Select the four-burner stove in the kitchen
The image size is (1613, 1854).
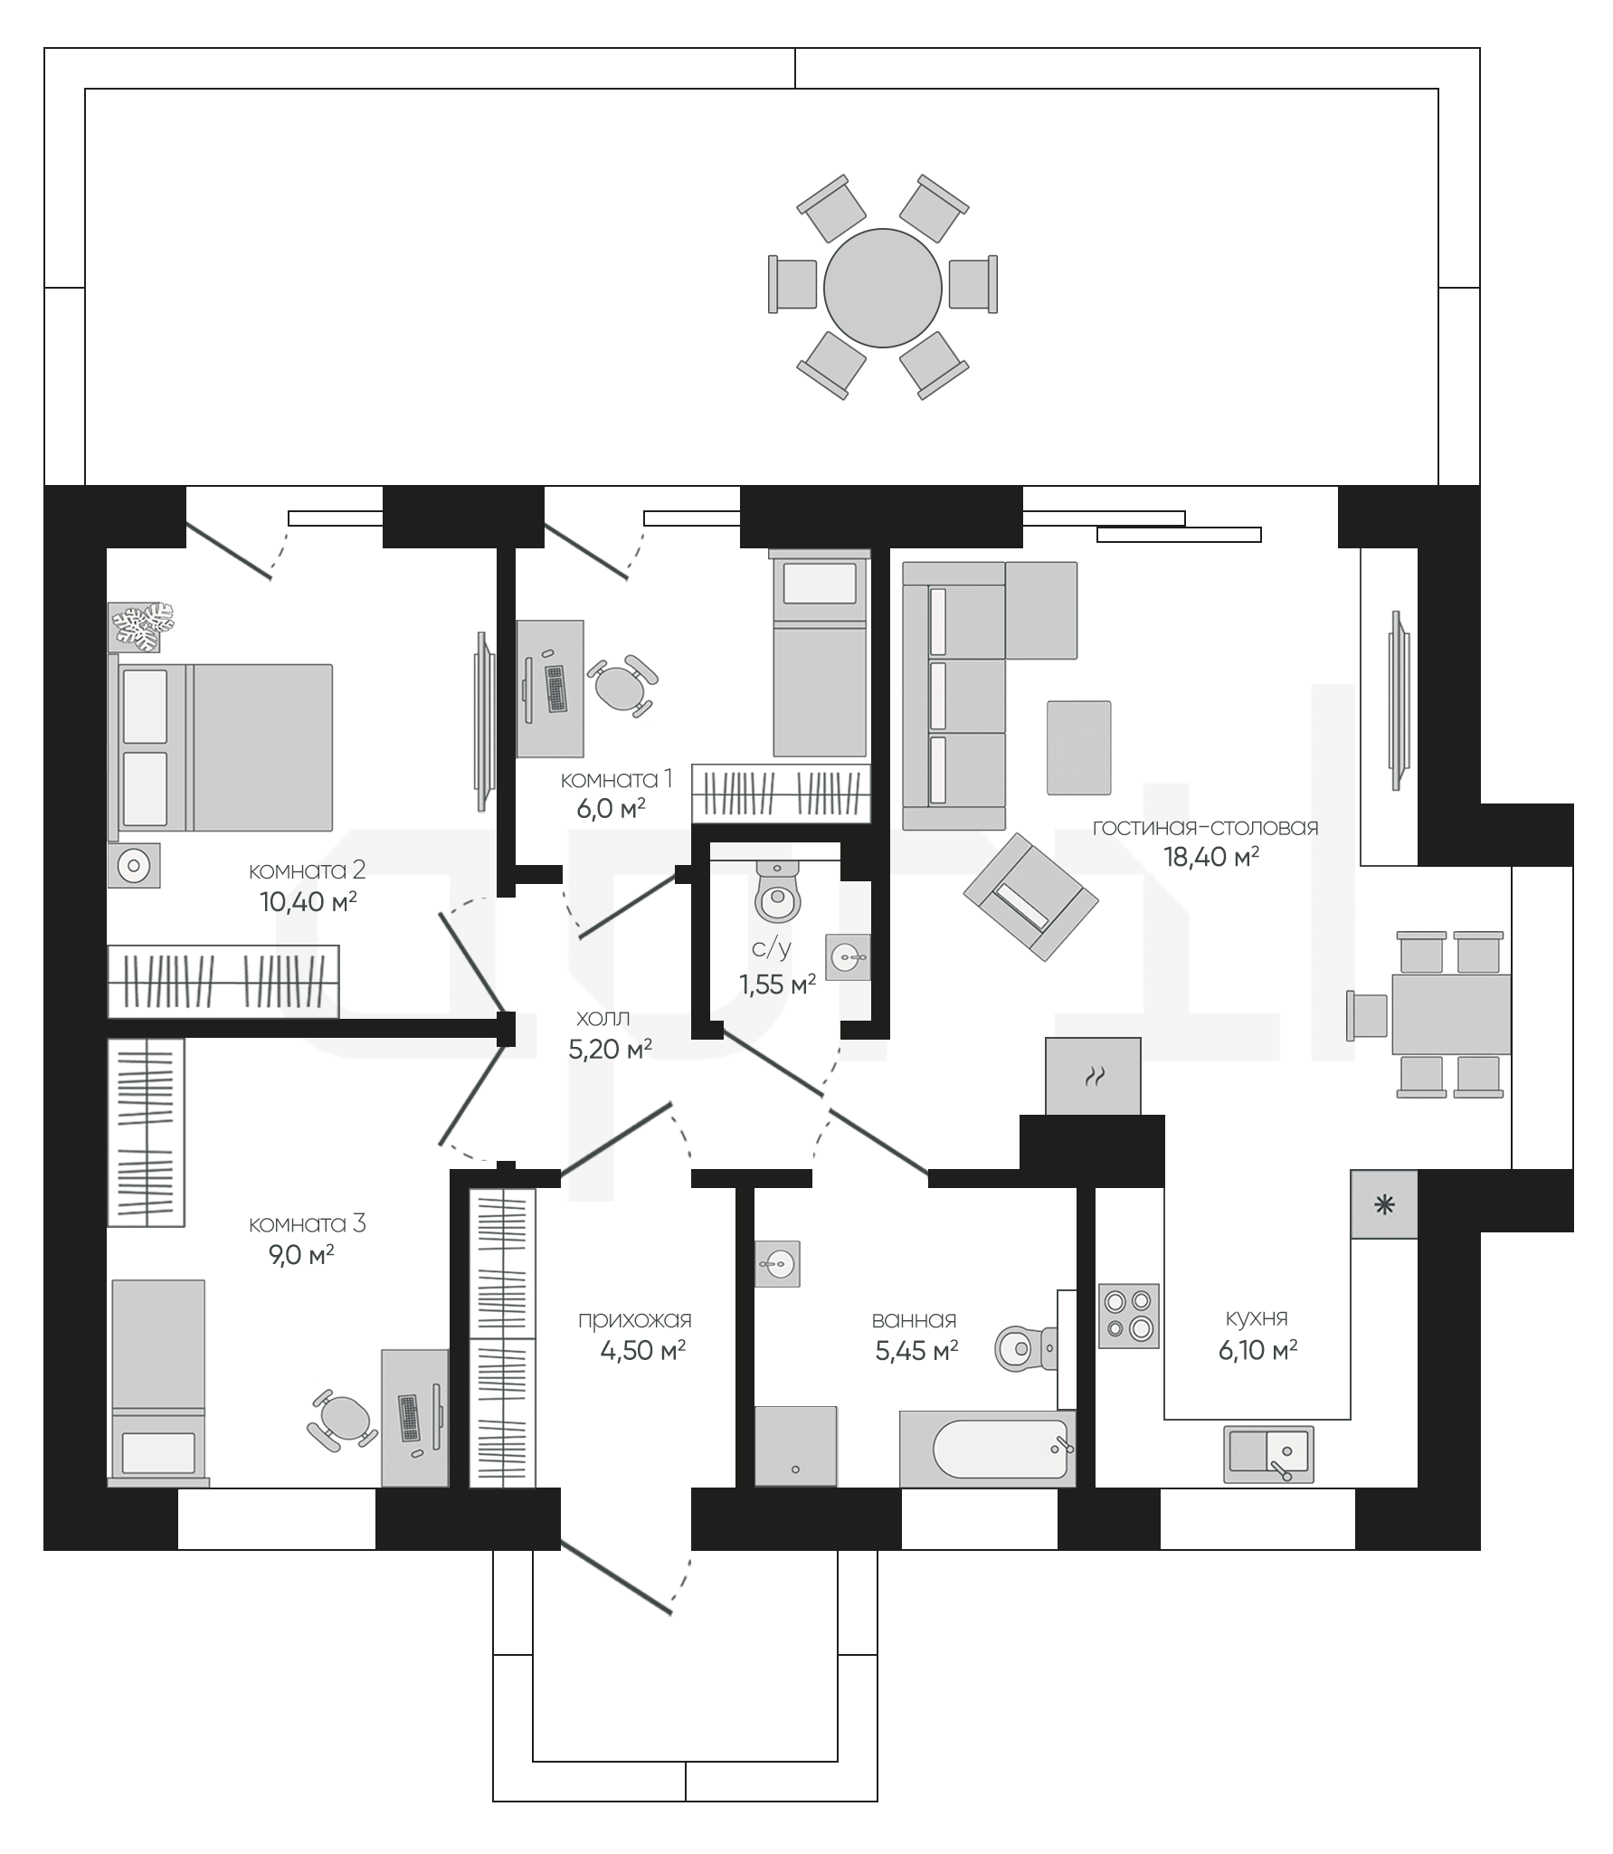[1128, 1316]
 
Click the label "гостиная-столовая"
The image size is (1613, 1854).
[1205, 827]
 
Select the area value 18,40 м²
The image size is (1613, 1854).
[1211, 857]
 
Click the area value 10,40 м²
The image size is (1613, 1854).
[308, 901]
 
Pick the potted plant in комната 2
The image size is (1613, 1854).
[142, 626]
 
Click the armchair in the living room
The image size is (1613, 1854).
[1030, 896]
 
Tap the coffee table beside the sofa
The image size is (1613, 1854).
[1078, 747]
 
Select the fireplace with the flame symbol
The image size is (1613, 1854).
[1093, 1076]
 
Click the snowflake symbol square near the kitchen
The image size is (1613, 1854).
[1384, 1204]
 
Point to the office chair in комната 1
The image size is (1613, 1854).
[621, 685]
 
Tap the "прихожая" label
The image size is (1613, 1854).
[635, 1321]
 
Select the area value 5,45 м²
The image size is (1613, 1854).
[916, 1351]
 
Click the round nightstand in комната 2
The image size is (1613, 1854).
[134, 866]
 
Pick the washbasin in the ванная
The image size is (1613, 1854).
[778, 1263]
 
